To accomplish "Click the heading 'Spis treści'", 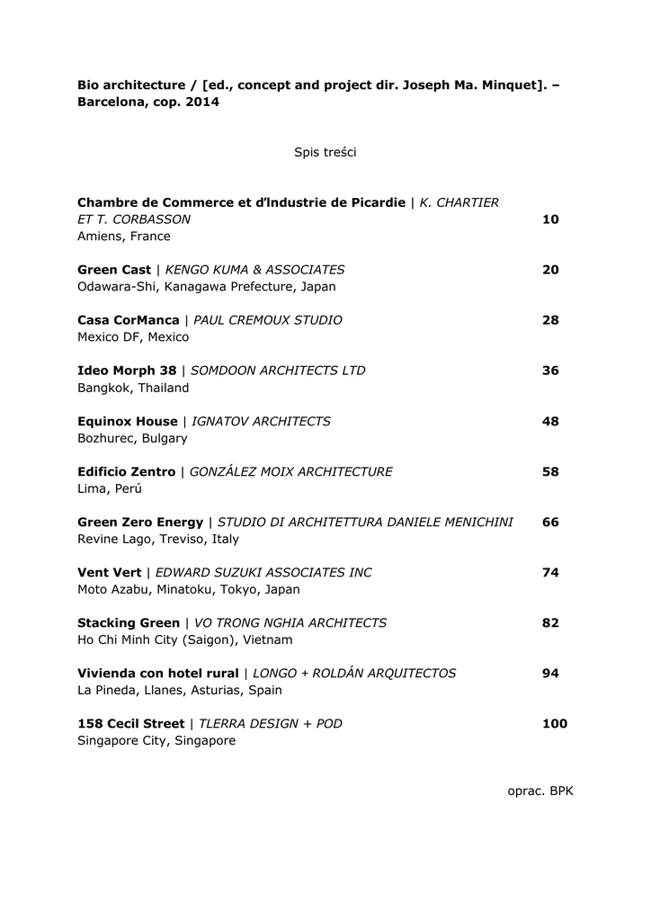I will click(x=325, y=153).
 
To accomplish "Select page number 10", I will click(x=550, y=219).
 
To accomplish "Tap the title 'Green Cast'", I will click(x=114, y=270).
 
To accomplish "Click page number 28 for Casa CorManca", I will click(x=550, y=320).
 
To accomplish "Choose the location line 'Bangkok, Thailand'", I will click(x=133, y=389).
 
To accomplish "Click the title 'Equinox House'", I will click(x=128, y=421).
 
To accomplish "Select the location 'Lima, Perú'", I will click(x=110, y=489).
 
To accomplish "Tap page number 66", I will click(x=550, y=522).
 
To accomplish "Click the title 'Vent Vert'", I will click(x=110, y=572).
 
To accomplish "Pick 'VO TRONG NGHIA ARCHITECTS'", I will click(x=290, y=622).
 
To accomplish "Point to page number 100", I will click(x=555, y=723).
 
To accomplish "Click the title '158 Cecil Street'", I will click(x=131, y=723).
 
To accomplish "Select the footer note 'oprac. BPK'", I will click(x=540, y=791).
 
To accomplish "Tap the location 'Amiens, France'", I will click(x=124, y=237).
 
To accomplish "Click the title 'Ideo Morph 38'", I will click(x=127, y=371).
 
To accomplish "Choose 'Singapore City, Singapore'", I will click(x=156, y=741).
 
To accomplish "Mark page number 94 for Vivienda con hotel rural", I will click(x=550, y=673).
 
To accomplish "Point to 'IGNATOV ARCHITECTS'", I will click(x=262, y=421).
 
